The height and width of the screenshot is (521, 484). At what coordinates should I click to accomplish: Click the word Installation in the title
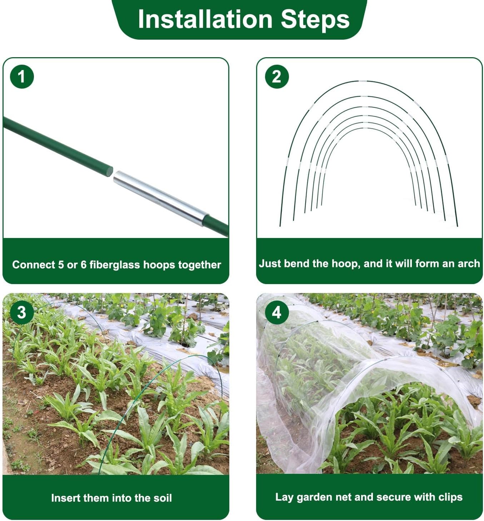point(205,19)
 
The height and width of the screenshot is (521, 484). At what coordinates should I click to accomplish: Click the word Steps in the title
point(315,19)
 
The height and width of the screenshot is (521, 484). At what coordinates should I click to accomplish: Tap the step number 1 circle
point(22,76)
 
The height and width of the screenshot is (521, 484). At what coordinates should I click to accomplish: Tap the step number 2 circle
point(277,76)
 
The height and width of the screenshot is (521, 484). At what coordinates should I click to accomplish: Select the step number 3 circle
point(22,312)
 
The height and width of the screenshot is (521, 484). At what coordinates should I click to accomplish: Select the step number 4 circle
point(277,312)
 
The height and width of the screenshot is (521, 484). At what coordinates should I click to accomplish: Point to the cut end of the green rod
point(110,171)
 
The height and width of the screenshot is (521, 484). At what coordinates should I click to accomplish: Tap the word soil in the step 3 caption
point(161,498)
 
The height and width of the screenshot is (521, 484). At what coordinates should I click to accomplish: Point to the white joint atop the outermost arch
point(363,81)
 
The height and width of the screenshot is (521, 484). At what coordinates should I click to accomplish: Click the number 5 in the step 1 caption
point(61,265)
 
